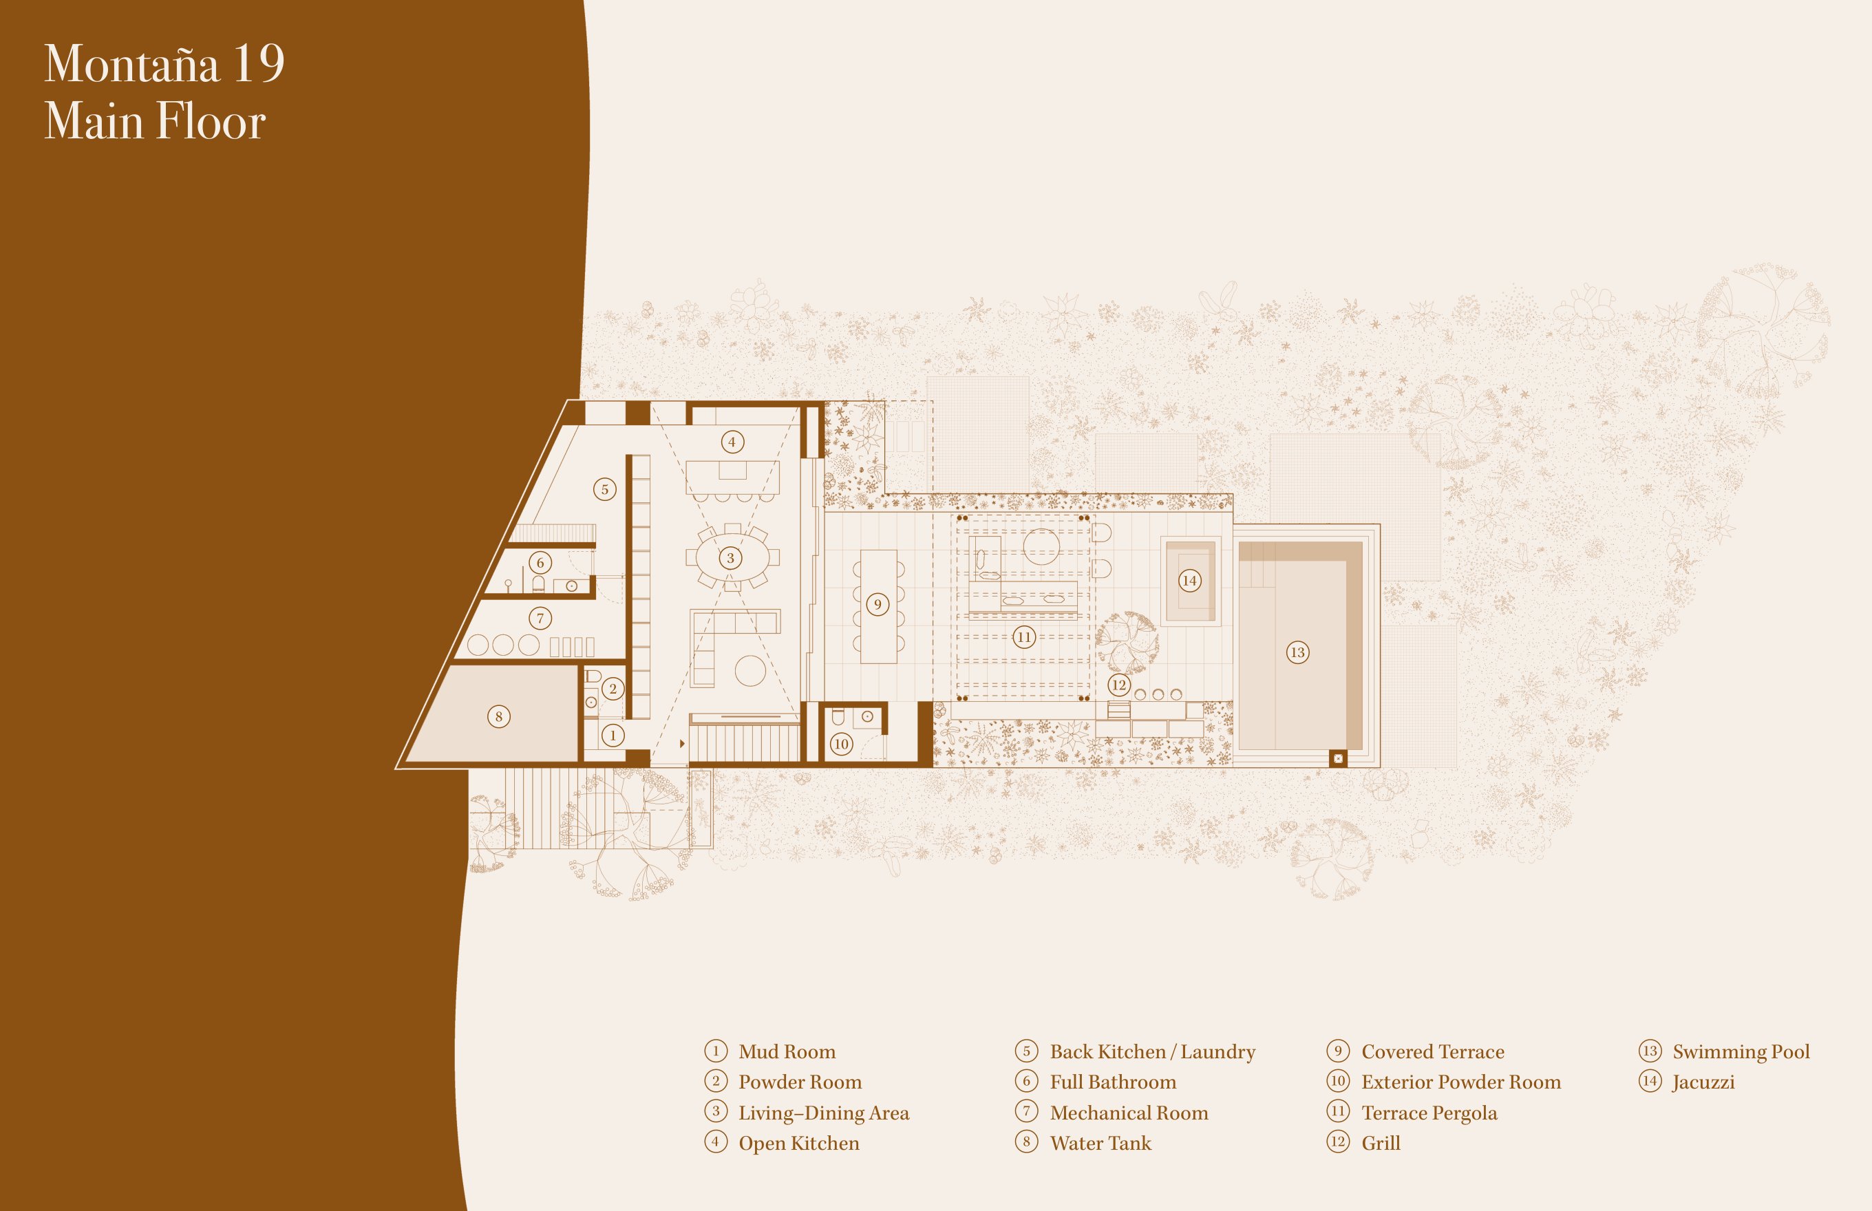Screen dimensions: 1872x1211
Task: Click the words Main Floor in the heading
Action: pos(155,121)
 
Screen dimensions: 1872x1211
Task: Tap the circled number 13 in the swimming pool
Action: pos(1298,652)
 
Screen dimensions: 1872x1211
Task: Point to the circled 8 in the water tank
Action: pos(499,716)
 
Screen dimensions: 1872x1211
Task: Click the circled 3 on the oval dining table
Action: pos(731,558)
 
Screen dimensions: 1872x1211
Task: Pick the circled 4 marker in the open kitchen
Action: pos(732,442)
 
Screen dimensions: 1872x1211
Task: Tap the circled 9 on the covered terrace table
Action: pos(877,605)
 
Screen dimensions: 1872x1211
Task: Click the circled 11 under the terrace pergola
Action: pos(1024,637)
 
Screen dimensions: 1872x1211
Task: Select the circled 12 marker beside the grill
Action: pos(1119,685)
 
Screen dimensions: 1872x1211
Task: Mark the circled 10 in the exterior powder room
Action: pos(842,744)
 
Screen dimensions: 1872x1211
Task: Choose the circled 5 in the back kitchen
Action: pos(605,489)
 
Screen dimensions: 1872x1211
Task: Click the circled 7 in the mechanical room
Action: pos(540,618)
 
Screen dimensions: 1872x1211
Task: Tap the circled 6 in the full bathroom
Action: pos(540,562)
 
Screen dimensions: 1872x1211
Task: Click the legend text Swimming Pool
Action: pos(1741,1051)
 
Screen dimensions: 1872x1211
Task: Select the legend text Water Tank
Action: pos(1100,1143)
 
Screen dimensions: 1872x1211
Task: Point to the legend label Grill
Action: pos(1381,1143)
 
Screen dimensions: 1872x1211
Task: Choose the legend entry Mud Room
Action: pos(787,1051)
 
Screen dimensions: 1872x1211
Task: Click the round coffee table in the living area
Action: pos(750,671)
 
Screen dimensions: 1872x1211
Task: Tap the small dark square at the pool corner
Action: pos(1338,759)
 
